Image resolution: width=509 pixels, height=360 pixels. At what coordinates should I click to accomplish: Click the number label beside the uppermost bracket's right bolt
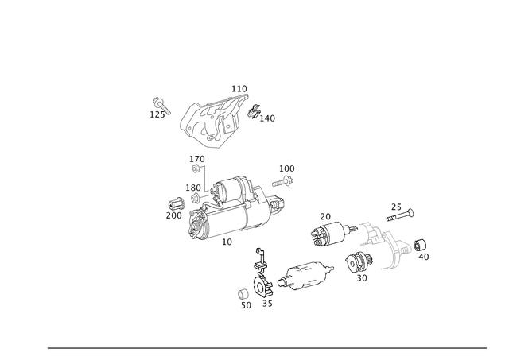tap(270, 120)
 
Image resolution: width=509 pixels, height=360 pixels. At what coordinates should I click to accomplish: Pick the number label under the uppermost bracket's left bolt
tap(153, 115)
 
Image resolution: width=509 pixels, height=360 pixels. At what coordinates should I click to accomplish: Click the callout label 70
tap(326, 215)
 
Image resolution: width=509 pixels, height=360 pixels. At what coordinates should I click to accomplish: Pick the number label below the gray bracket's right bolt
tap(425, 257)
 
